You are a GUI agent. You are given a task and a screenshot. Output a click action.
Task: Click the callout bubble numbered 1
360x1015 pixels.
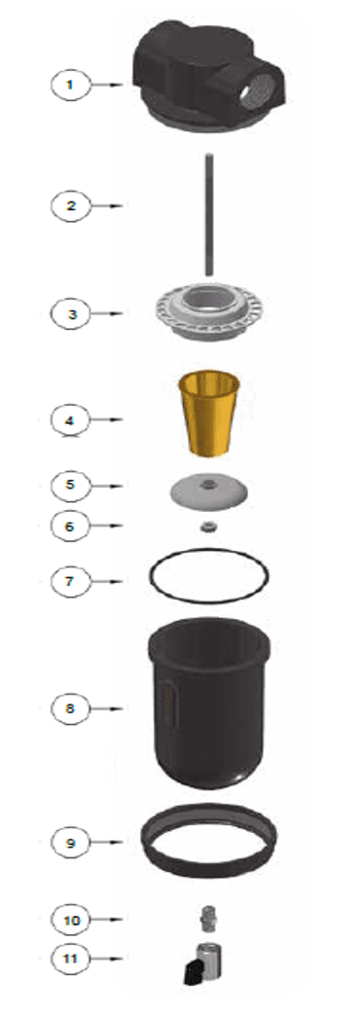(71, 84)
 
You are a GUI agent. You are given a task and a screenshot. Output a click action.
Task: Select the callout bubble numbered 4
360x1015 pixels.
(71, 420)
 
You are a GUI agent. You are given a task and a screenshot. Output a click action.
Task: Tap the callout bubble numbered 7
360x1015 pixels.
(71, 581)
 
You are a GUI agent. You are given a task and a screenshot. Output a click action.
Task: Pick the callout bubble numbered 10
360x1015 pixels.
(71, 919)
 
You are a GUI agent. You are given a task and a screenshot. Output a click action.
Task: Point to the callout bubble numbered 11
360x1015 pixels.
(71, 958)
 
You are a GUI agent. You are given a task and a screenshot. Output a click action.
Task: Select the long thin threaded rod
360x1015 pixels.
(208, 214)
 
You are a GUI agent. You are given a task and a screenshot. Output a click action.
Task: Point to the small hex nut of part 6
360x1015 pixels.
(209, 526)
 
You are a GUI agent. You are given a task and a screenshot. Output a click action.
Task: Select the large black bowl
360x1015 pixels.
(208, 703)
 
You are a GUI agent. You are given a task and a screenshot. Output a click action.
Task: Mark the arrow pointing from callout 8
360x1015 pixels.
(106, 708)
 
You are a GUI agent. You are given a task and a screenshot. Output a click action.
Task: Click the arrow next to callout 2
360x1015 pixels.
(106, 206)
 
